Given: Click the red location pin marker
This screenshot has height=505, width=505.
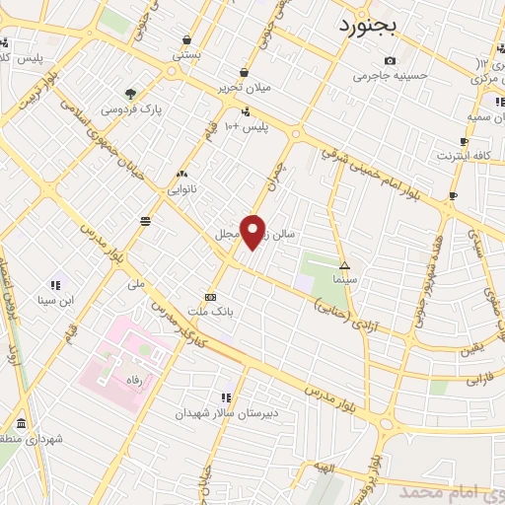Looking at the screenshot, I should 253,230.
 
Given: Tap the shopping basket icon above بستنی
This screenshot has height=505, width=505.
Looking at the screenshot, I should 186,39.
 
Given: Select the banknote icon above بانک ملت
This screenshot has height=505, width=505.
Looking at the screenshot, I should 210,296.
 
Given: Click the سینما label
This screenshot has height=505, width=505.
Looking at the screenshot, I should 344,280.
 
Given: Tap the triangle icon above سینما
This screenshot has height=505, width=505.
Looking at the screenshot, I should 345,265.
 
